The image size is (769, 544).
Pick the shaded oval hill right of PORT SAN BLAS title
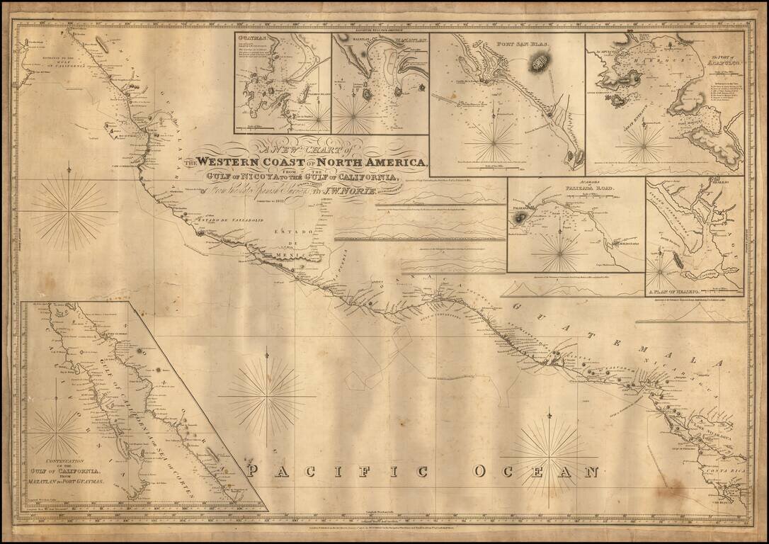pyautogui.click(x=540, y=66)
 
